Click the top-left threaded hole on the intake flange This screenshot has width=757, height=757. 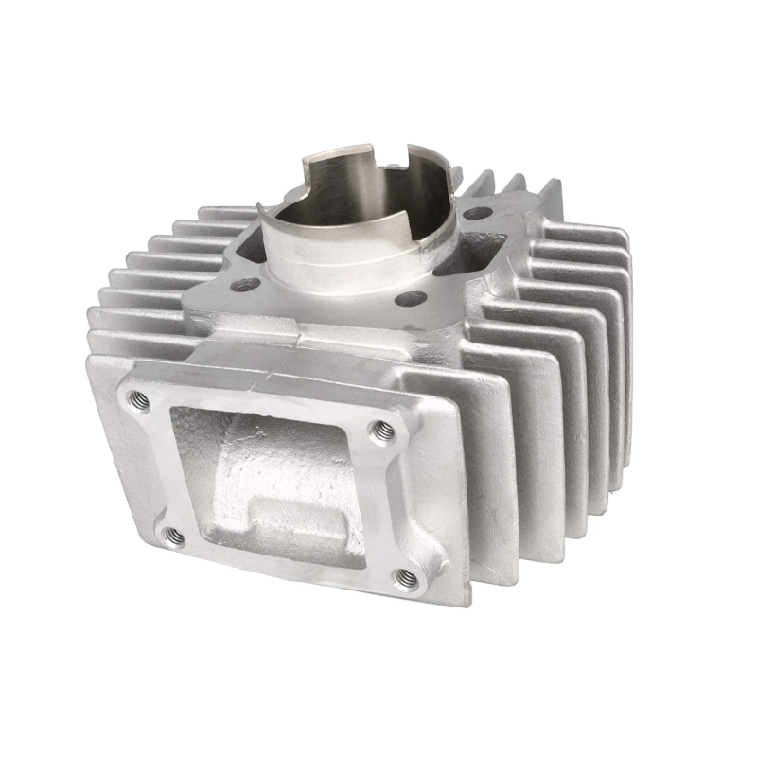(x=138, y=400)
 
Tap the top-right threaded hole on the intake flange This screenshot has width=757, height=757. (x=381, y=431)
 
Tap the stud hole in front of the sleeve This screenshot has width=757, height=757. (x=409, y=299)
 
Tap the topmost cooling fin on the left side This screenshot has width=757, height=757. (x=227, y=213)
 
